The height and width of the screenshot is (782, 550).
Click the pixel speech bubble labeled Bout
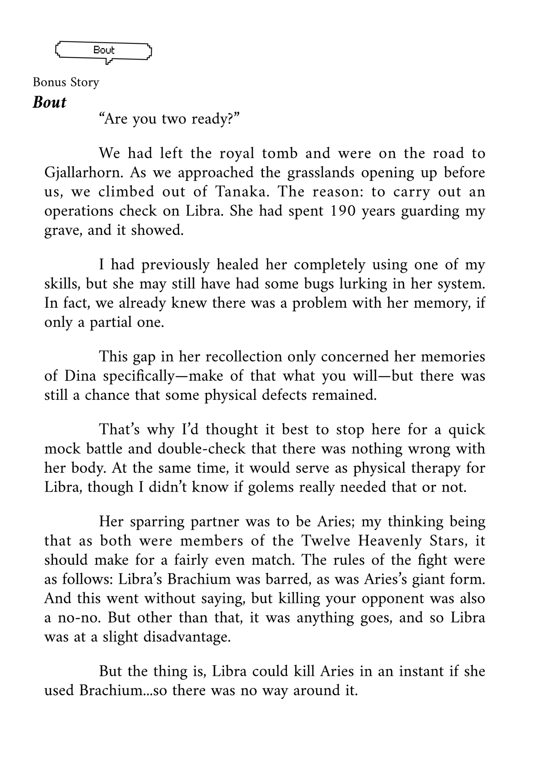pos(104,51)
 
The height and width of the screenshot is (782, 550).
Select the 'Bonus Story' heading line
pos(66,82)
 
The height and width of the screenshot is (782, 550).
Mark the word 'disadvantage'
pos(187,637)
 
